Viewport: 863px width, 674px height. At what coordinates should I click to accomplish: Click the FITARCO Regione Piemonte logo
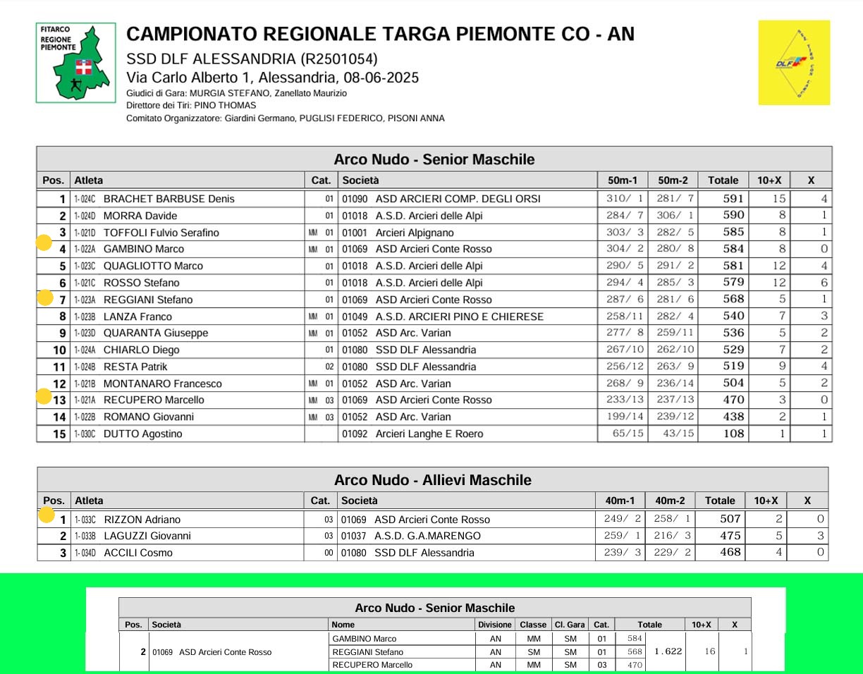[76, 63]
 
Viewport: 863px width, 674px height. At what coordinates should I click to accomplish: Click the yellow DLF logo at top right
[793, 63]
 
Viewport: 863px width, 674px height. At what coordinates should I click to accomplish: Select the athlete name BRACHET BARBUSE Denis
[169, 199]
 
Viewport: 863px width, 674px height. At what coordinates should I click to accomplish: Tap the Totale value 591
[733, 199]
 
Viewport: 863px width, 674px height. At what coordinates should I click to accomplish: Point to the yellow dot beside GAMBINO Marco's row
[44, 244]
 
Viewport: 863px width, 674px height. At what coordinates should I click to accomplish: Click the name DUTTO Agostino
[142, 434]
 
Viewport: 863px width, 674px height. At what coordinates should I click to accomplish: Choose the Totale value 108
[733, 434]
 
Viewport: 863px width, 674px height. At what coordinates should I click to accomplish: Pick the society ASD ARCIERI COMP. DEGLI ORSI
[458, 199]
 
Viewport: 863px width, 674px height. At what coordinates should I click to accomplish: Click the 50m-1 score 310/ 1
[625, 199]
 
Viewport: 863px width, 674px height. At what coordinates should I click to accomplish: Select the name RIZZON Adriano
[142, 520]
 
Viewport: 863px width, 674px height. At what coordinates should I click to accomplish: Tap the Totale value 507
[730, 520]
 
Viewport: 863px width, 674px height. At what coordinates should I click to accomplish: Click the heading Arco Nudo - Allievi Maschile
[432, 480]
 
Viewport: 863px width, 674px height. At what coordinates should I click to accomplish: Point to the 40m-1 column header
[620, 501]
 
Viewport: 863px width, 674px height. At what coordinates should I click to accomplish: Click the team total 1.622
[668, 651]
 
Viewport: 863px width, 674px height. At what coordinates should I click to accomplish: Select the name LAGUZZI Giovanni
[147, 536]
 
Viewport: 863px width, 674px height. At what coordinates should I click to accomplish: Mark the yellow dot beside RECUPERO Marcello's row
[44, 396]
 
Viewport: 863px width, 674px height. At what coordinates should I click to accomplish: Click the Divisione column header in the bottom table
[494, 625]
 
